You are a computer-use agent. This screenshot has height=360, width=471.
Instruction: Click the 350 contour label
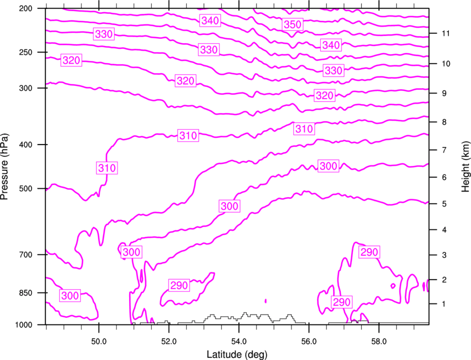[293, 24]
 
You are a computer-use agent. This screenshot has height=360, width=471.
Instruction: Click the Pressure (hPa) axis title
[4, 167]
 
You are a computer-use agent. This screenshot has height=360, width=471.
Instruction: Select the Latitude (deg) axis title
[237, 354]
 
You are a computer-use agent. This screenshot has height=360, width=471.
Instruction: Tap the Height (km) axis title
[465, 166]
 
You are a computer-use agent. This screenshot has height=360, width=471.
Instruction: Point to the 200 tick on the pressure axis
[25, 8]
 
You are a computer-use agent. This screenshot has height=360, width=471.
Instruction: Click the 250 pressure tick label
[25, 52]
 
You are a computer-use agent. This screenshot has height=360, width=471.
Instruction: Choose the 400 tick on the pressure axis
[25, 145]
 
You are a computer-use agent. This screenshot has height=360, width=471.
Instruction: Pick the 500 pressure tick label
[25, 188]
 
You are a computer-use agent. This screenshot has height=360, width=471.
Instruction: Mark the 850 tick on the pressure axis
[25, 293]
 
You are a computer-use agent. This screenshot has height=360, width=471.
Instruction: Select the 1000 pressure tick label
[23, 325]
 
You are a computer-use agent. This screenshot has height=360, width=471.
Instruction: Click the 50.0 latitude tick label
[99, 341]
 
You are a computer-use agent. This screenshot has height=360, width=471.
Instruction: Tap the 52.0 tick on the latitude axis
[169, 341]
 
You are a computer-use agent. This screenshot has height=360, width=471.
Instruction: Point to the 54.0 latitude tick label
[239, 341]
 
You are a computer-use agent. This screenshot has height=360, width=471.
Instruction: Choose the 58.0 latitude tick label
[379, 341]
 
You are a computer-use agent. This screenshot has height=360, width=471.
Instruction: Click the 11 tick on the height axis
[446, 33]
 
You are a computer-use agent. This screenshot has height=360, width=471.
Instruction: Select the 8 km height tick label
[444, 122]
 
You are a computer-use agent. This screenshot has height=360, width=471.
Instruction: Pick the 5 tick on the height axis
[444, 204]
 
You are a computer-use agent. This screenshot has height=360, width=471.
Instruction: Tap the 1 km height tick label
[444, 304]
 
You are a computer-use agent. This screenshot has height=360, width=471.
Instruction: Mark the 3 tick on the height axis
[444, 255]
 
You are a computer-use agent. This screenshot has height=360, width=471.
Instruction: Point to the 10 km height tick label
[446, 64]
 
